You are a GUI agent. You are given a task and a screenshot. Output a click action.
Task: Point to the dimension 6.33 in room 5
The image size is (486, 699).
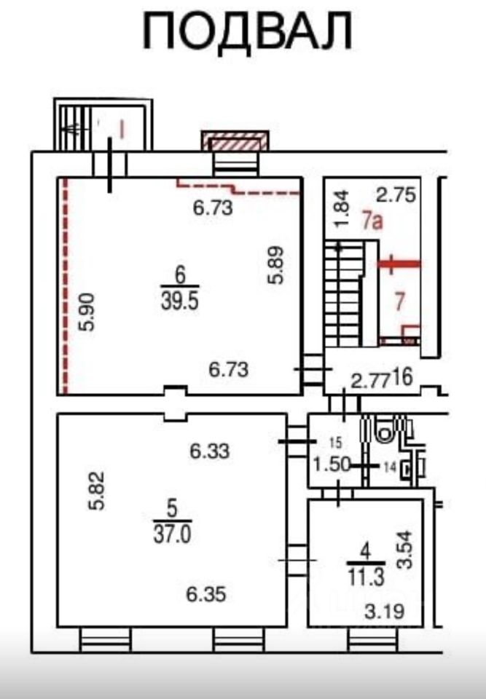tap(210, 451)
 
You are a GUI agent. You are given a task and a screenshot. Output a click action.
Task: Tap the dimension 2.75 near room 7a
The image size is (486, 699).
tap(398, 194)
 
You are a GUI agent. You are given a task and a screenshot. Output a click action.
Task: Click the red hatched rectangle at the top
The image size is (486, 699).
tap(235, 141)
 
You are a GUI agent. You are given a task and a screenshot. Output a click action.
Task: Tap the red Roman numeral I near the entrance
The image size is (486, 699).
tap(122, 130)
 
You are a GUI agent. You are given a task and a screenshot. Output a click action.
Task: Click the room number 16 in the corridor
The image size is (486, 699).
tap(401, 377)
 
